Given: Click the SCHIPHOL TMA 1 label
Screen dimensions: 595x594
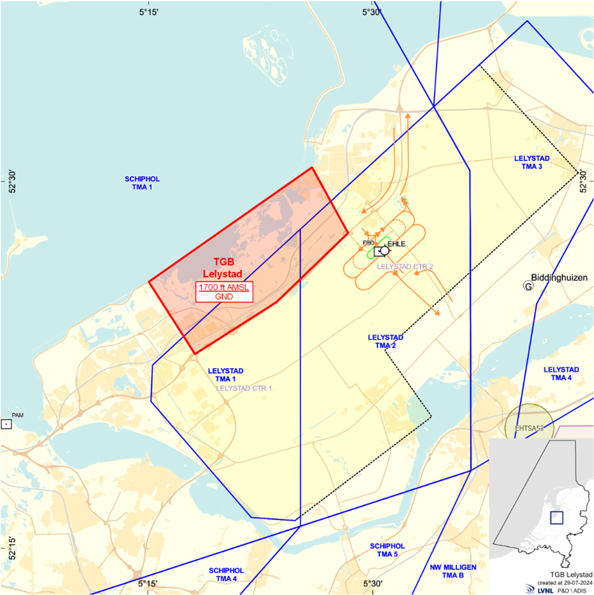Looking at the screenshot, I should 142,183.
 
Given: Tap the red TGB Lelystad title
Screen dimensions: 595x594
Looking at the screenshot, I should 223,268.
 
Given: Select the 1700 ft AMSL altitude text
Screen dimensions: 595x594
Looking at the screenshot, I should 224,287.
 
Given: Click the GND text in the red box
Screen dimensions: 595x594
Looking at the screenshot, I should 224,296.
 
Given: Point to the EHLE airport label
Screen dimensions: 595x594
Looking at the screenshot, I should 396,244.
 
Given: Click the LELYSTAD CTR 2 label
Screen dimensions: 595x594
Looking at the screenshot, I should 405,266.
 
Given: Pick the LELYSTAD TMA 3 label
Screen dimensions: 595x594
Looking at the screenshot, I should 532,162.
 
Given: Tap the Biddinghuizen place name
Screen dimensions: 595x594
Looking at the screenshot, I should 559,277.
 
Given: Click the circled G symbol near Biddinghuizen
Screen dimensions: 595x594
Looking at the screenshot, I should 528,286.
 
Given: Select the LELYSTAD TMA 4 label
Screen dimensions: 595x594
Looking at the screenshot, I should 561,373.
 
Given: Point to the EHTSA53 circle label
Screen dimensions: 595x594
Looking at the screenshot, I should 529,428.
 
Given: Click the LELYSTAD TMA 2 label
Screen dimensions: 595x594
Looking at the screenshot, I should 385,341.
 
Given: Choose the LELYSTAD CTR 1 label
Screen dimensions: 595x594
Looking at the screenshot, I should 244,388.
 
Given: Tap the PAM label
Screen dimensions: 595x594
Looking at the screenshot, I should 18,415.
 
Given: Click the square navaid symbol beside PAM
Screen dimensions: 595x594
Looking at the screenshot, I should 6,424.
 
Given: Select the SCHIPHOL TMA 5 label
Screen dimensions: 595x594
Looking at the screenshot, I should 387,550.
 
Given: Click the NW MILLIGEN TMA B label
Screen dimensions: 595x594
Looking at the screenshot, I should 453,571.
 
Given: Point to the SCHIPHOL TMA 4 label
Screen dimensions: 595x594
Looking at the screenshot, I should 226,574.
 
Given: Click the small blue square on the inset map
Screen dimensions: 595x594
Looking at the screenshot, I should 556,518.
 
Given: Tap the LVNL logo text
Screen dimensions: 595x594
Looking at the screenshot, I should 545,590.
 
